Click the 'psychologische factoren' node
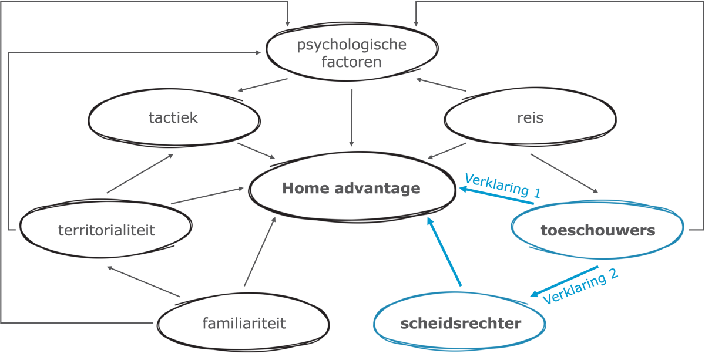coord(351,53)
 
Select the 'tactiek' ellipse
coord(173,117)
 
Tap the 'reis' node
coord(530,118)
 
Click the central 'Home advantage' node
coord(351,189)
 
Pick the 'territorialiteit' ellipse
coord(106,230)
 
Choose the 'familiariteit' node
coord(244,323)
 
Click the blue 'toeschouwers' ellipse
coord(597,231)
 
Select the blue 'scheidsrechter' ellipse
coord(461,324)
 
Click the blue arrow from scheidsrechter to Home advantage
coord(445,253)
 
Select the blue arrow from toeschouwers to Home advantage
coord(496,196)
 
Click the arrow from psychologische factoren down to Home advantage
coord(351,117)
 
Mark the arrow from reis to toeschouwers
coord(564,173)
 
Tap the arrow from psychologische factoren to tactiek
coord(263,86)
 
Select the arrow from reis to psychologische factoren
coord(441,85)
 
